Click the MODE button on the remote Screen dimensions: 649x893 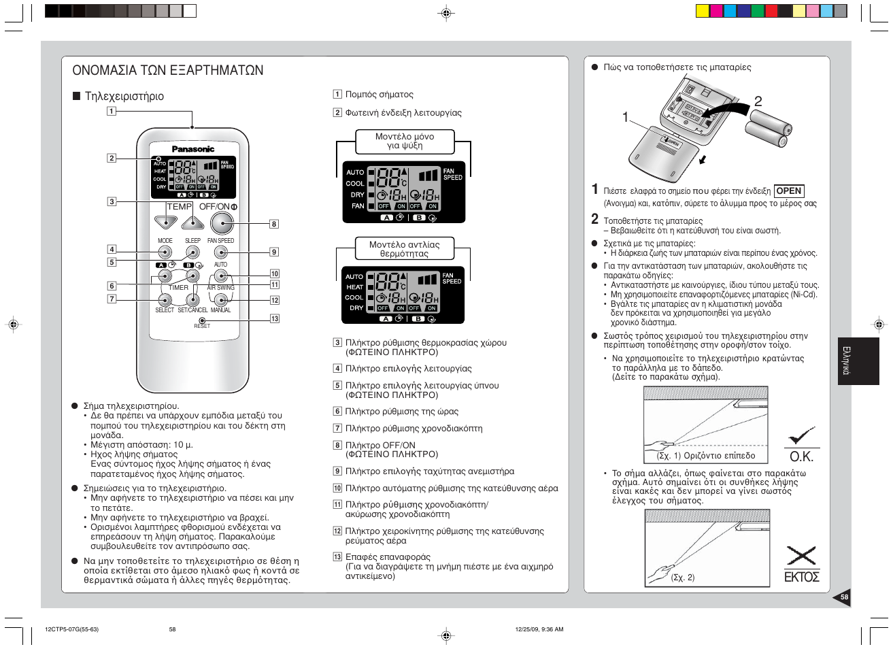pos(165,252)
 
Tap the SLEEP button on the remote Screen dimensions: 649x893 pos(193,252)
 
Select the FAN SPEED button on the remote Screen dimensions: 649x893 pos(220,252)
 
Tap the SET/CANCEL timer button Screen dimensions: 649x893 pos(192,299)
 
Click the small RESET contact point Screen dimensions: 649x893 pos(202,320)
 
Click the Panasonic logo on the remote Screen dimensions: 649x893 pos(192,149)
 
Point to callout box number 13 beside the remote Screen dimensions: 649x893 pos(275,318)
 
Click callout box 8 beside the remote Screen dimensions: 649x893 pos(274,224)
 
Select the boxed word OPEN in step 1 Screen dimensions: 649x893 pos(789,191)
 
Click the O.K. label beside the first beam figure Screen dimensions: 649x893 pos(801,456)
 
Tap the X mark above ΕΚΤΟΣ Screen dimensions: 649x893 pos(801,555)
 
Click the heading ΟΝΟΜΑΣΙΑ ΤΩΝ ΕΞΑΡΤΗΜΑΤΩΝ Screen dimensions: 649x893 pos(167,71)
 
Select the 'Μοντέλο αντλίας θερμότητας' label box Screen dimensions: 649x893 pos(404,249)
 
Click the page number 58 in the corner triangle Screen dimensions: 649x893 pos(844,597)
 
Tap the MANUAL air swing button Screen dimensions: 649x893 pos(220,299)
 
